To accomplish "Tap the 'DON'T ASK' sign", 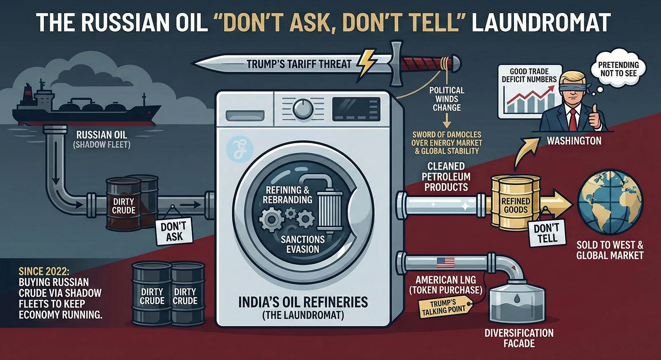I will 174,232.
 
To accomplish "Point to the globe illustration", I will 610,202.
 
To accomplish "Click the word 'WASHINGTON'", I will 574,141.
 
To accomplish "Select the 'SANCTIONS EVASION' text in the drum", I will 302,244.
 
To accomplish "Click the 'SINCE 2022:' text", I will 44,272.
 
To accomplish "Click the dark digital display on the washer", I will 356,109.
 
